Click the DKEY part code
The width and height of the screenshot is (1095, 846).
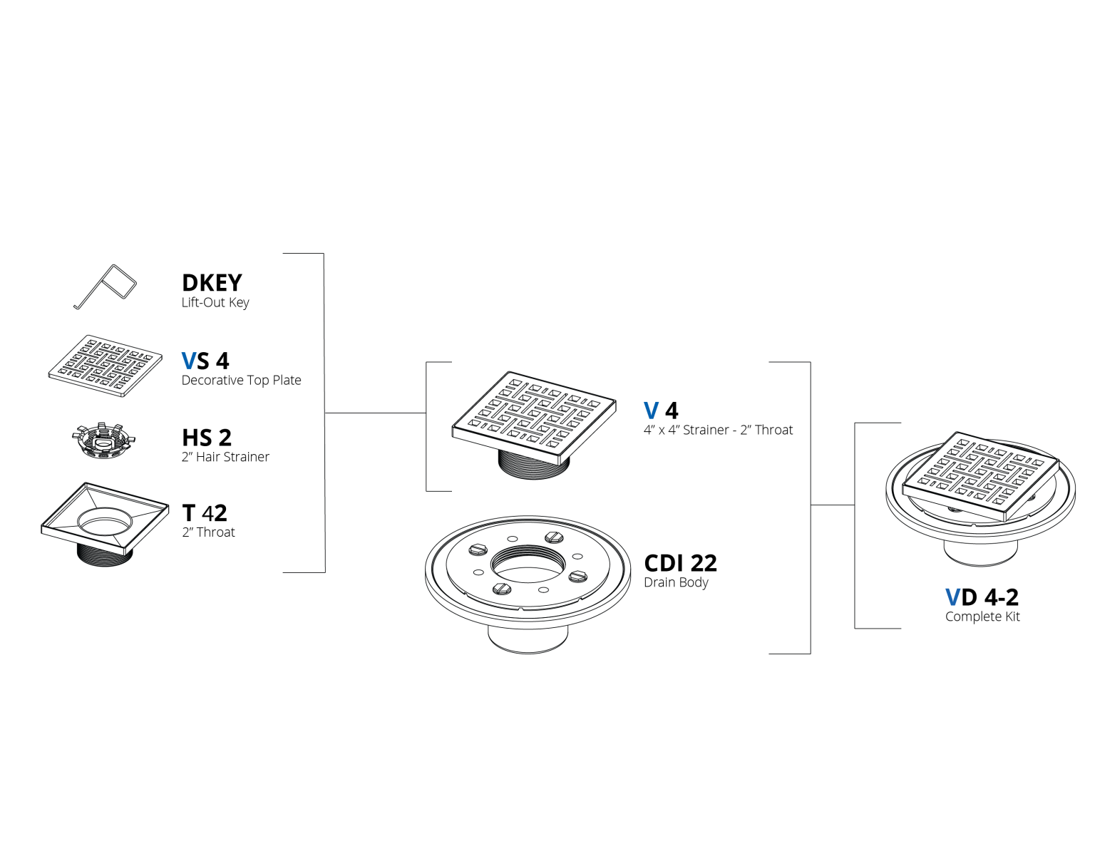tap(212, 283)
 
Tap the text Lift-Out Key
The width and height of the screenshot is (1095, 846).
tap(215, 303)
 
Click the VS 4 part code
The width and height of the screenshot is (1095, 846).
tap(205, 361)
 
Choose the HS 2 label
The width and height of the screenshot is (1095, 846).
tap(207, 438)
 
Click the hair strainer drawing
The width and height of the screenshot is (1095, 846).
tap(103, 441)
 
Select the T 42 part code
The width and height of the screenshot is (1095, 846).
tap(205, 513)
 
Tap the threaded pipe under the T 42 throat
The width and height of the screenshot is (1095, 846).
tap(105, 555)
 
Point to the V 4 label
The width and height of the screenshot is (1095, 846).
tap(661, 411)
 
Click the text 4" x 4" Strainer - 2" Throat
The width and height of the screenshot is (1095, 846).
tap(718, 430)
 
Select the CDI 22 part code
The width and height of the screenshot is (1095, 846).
tap(680, 564)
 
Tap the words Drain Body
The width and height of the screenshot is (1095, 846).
tap(677, 582)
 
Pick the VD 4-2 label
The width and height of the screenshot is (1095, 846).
tap(982, 597)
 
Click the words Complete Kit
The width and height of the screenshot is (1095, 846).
tap(982, 617)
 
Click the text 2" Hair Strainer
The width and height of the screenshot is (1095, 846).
tap(225, 457)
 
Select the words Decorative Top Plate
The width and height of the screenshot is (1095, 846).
tap(242, 380)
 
